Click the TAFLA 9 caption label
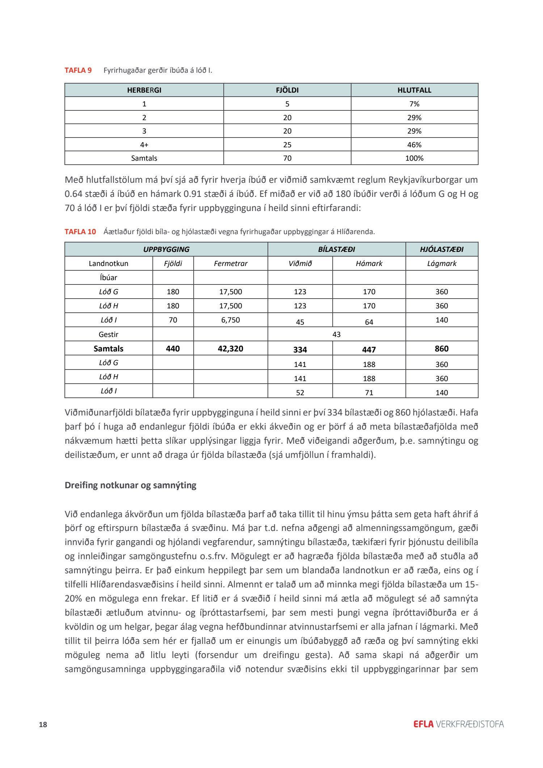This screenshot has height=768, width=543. pyautogui.click(x=78, y=70)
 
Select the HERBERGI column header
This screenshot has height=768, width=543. pyautogui.click(x=144, y=90)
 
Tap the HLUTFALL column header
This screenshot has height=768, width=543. pyautogui.click(x=414, y=90)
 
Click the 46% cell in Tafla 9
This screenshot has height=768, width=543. pyautogui.click(x=414, y=145)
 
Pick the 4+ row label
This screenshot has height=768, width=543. pyautogui.click(x=144, y=145)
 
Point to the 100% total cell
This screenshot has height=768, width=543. pyautogui.click(x=414, y=158)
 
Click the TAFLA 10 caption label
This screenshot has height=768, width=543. pyautogui.click(x=80, y=232)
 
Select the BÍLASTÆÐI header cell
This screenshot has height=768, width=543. pyautogui.click(x=336, y=249)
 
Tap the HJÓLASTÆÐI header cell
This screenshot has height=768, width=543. pyautogui.click(x=442, y=249)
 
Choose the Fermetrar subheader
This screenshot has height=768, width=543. pyautogui.click(x=231, y=263)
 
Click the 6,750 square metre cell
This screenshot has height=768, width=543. pyautogui.click(x=231, y=320)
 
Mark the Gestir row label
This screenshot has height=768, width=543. pyautogui.click(x=109, y=334)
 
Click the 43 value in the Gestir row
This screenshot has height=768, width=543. pyautogui.click(x=336, y=334)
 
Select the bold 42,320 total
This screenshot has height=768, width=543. pyautogui.click(x=231, y=349)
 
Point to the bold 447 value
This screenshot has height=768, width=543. pyautogui.click(x=369, y=350)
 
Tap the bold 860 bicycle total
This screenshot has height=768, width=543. pyautogui.click(x=442, y=349)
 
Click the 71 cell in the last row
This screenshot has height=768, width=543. pyautogui.click(x=369, y=393)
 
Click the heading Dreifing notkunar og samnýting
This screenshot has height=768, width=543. pyautogui.click(x=130, y=485)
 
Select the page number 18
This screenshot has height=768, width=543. pyautogui.click(x=43, y=725)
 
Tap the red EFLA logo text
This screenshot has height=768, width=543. pyautogui.click(x=423, y=724)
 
